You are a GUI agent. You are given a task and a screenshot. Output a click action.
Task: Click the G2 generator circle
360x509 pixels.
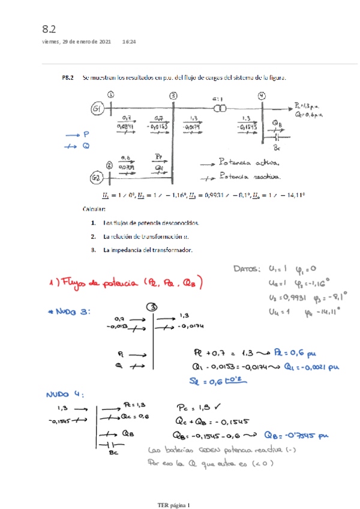click(97, 178)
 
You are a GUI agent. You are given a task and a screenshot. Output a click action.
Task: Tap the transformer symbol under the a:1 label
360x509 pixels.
click(220, 108)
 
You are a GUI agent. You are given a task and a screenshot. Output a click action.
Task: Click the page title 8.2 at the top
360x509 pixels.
click(49, 29)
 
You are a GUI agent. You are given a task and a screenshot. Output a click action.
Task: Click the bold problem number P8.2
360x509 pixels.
click(68, 77)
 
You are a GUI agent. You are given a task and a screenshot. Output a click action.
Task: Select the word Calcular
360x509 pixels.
click(95, 209)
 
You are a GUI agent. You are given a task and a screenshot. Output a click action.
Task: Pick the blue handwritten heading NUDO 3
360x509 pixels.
click(68, 312)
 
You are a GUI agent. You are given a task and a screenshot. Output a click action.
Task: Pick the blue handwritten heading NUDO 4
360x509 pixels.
click(63, 394)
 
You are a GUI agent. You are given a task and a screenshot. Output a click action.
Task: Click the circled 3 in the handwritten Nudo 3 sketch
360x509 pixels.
click(154, 306)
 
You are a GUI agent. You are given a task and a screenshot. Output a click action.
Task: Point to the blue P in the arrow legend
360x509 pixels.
click(86, 135)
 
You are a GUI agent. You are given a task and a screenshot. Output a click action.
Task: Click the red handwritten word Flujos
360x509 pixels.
click(80, 282)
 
